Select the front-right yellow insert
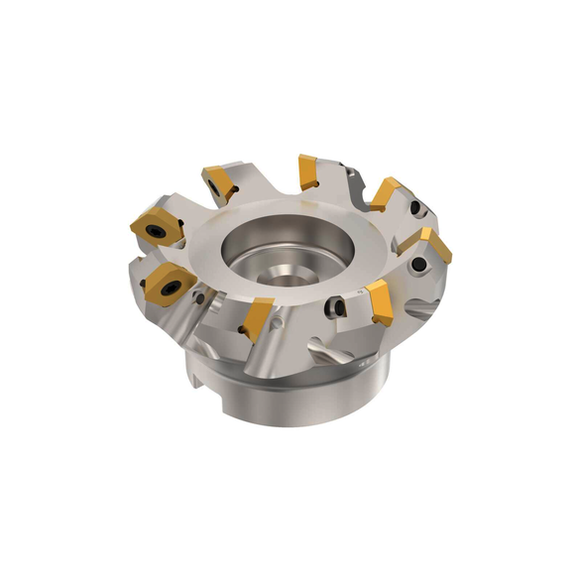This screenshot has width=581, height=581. point(380,299)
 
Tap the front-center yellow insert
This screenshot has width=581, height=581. point(260,317)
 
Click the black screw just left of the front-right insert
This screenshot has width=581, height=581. point(338,308)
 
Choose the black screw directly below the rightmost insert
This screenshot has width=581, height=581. point(421,266)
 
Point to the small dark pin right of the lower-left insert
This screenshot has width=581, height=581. point(201,297)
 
